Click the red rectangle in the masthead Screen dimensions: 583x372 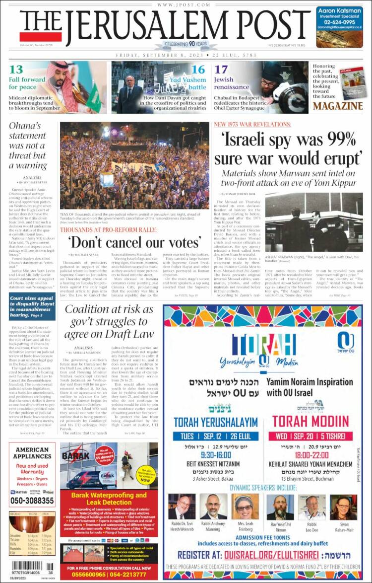pyautogui.click(x=33, y=37)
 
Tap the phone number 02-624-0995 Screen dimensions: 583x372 pyautogui.click(x=340, y=22)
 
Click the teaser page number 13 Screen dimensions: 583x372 pyautogui.click(x=16, y=70)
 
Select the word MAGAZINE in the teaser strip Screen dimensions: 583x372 pyautogui.click(x=337, y=106)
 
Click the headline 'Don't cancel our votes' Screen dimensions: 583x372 pyautogui.click(x=134, y=242)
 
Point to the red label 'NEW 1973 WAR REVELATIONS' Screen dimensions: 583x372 pyautogui.click(x=252, y=124)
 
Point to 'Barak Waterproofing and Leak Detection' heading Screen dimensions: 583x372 pyautogui.click(x=109, y=498)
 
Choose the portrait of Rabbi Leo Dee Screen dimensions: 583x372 pyautogui.click(x=311, y=507)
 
